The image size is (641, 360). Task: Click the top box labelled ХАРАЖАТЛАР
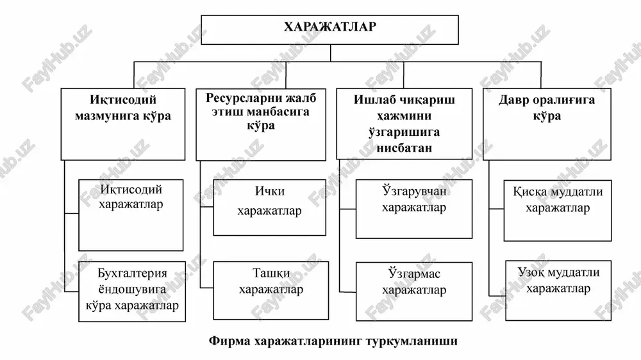[329, 30]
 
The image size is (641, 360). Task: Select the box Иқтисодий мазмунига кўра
[122, 124]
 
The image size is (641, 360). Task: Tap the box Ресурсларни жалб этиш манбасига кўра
[261, 124]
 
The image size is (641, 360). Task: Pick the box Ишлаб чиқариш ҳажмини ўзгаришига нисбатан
[404, 124]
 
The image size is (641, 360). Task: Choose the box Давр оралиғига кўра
[547, 124]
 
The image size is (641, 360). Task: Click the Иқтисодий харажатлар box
[131, 215]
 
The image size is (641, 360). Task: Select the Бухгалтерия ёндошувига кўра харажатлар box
[131, 291]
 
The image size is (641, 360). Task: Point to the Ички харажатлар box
[269, 207]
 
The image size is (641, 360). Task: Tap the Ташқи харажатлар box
[271, 290]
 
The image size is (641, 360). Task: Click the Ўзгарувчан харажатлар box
[413, 209]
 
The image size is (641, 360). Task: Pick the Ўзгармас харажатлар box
[413, 291]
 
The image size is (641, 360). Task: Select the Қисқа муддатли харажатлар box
[558, 211]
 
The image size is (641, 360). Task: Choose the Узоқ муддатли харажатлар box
[558, 291]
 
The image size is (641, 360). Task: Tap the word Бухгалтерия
[133, 273]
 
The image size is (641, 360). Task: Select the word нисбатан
[404, 147]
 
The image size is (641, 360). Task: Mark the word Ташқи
[271, 273]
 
